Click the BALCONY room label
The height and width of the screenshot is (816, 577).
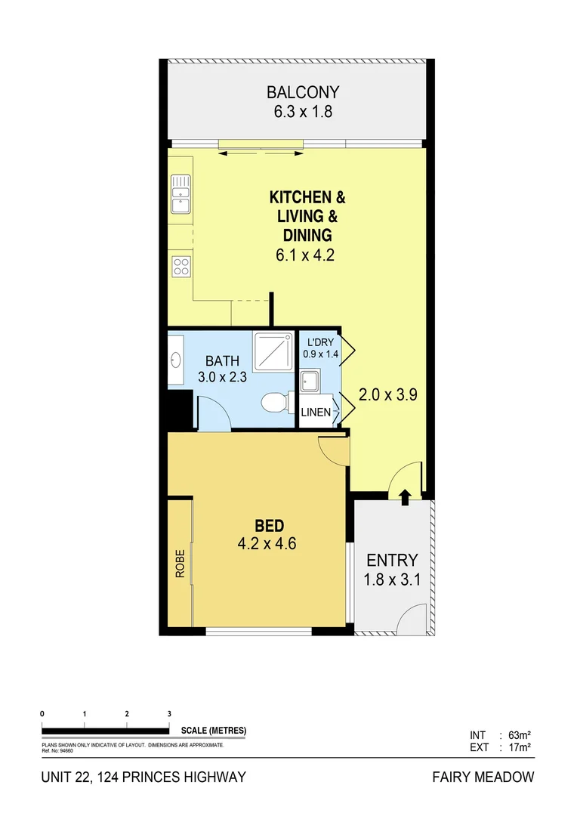coord(302,93)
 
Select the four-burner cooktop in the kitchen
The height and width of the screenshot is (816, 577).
coord(181,266)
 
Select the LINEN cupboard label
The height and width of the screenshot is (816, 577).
coord(316,413)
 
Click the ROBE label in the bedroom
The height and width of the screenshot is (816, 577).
coord(181,568)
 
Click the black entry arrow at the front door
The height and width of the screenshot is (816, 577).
coord(405,496)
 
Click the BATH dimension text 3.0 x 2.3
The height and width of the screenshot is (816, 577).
coord(222,377)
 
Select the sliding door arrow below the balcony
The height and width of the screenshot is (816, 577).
coord(260,154)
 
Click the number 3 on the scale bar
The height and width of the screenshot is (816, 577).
coord(169,714)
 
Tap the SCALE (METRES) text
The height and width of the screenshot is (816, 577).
coord(214,731)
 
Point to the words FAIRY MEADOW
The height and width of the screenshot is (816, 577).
coord(483,777)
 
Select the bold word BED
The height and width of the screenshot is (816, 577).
coord(268,525)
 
